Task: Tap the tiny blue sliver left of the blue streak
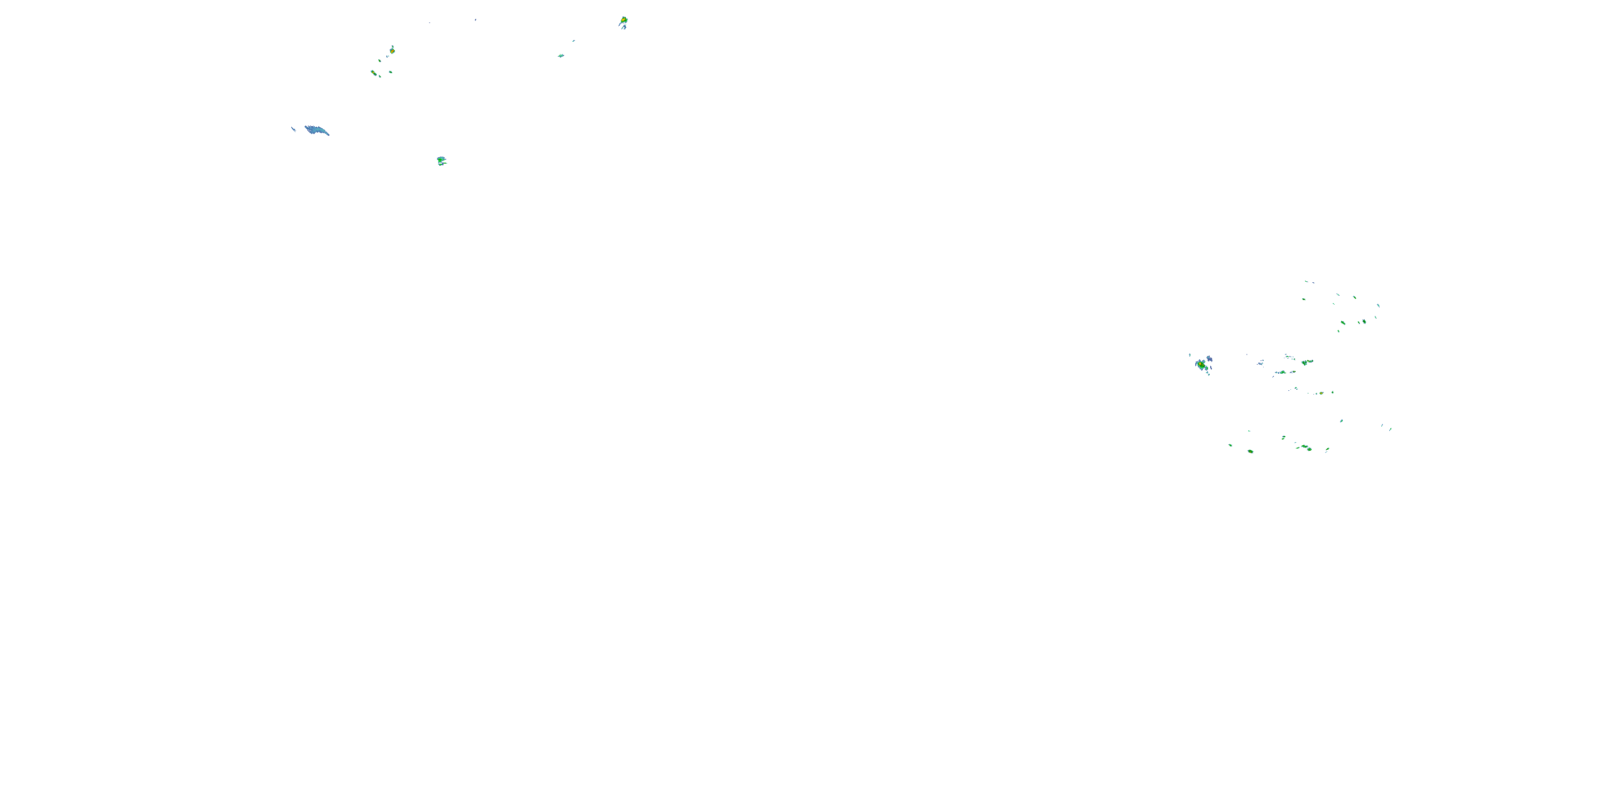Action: (293, 129)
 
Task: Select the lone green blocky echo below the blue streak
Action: (441, 160)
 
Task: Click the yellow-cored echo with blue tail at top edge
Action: (624, 22)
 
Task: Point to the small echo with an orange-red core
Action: (392, 50)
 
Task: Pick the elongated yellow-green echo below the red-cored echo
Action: (375, 73)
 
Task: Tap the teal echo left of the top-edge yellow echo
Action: (561, 56)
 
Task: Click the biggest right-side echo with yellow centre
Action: (1201, 364)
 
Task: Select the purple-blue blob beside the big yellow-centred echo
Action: (1209, 359)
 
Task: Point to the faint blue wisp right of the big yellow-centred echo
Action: (1260, 362)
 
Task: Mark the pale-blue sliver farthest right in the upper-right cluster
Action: (1379, 305)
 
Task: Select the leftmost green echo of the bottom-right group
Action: (1230, 445)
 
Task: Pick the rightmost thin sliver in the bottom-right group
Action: (1390, 428)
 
